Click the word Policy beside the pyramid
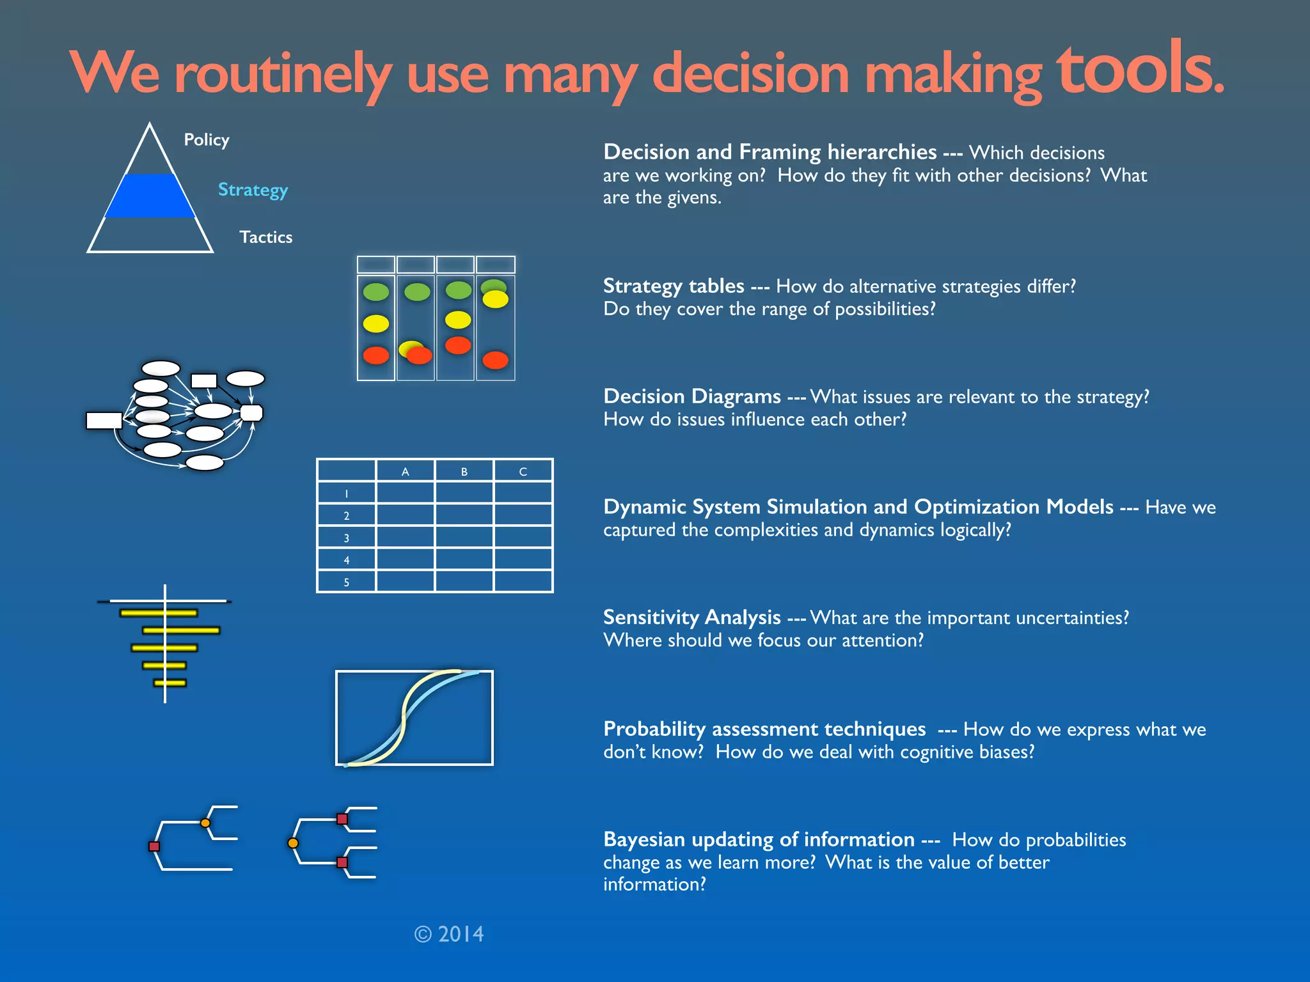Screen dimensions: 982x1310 coord(206,140)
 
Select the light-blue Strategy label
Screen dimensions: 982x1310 coord(253,190)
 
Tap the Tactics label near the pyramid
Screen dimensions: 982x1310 coord(265,237)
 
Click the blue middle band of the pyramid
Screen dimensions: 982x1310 coord(150,196)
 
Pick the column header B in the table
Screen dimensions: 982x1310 coord(464,472)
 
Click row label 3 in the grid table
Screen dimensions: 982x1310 coord(347,538)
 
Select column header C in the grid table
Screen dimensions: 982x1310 coord(523,472)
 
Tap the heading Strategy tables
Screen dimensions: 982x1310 coord(674,286)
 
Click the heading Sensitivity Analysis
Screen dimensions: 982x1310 coord(691,618)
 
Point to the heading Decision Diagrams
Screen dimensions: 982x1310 coord(691,397)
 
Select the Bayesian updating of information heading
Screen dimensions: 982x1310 coord(759,839)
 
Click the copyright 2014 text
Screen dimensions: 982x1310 coord(449,934)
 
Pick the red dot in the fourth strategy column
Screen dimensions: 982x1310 coord(496,361)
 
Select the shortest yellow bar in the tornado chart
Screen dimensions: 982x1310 coord(170,683)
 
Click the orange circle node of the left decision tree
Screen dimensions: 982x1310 coord(205,823)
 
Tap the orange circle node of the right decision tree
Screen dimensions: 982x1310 coord(293,843)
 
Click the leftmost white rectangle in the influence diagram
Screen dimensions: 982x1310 coord(104,420)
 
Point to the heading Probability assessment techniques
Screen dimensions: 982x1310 coord(764,729)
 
